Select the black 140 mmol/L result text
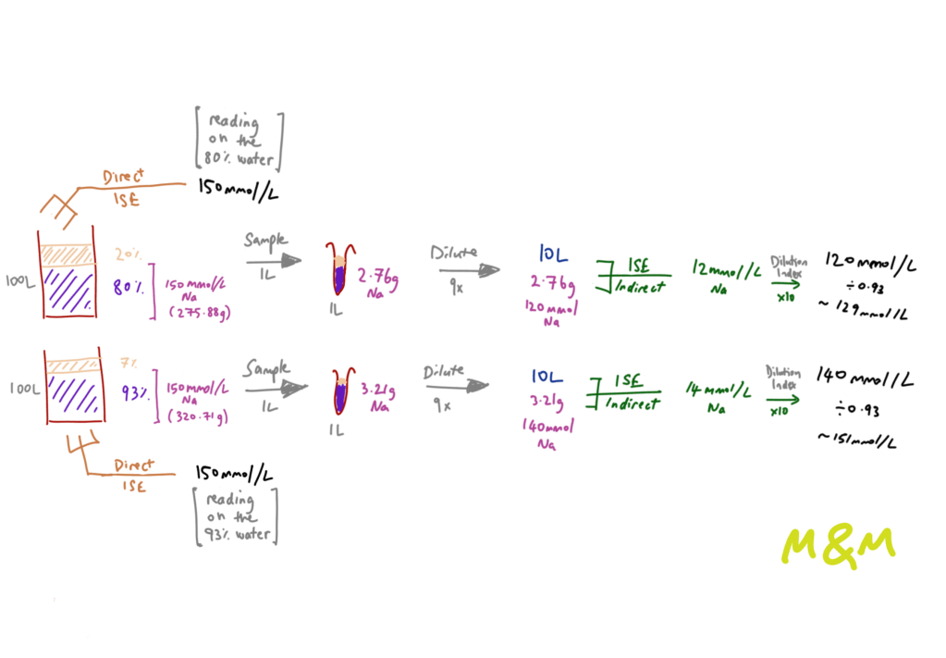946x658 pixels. tap(866, 378)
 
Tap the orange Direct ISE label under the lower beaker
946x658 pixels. tap(129, 467)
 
